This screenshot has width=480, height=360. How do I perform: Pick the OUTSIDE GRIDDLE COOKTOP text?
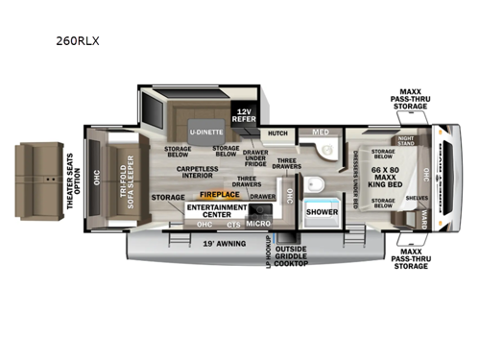[292, 257]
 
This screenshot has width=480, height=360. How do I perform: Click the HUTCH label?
[277, 133]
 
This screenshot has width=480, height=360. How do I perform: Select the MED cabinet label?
[318, 133]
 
